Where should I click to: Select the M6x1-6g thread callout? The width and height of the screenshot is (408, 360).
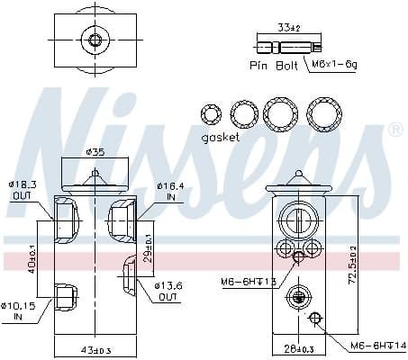tap(333, 66)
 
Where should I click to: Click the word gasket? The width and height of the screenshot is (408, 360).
tap(220, 137)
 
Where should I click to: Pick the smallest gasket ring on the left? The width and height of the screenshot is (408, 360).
tap(211, 114)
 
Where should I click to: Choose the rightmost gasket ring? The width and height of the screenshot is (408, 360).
tap(324, 112)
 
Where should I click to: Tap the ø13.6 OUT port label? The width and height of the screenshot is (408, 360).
tap(168, 291)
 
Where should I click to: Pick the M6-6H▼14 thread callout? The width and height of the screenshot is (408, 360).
tap(370, 345)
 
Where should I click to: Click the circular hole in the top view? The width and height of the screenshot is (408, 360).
tap(94, 40)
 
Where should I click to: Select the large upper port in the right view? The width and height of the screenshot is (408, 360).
tap(297, 219)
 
